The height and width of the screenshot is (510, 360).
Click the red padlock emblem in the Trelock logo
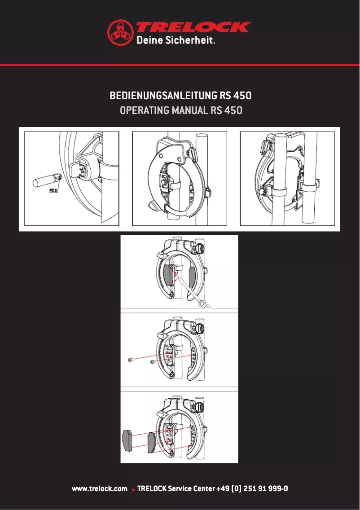120,32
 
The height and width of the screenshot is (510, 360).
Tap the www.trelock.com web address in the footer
100,488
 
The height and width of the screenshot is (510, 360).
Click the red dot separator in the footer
133,489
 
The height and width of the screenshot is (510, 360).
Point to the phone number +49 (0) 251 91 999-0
252,488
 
